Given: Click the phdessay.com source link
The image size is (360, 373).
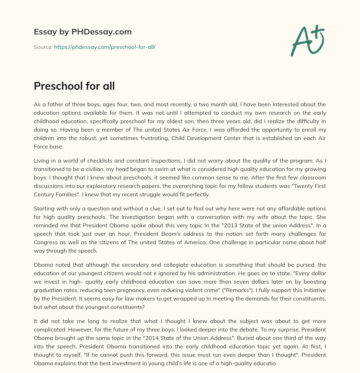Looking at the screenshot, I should pos(105,47).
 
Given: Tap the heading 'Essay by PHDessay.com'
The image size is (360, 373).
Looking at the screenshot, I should pos(83,32).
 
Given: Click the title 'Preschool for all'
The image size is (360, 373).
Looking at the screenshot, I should pos(74,86).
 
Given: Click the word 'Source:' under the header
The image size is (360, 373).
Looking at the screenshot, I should pos(43,47).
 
